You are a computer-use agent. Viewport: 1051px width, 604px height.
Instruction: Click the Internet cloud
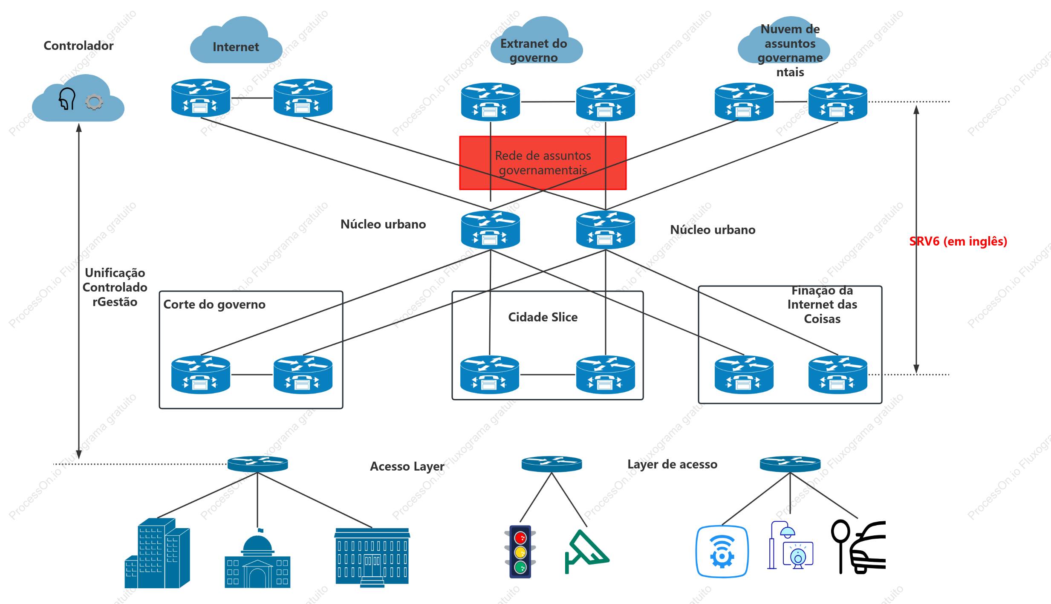(x=236, y=40)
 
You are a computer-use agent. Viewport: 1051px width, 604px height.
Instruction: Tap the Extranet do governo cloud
(x=536, y=40)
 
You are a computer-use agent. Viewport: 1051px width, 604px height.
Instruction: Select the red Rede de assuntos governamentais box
(x=543, y=163)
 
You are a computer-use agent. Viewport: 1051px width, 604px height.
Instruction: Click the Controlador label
(x=78, y=46)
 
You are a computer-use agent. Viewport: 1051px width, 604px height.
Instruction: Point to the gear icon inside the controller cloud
(x=94, y=102)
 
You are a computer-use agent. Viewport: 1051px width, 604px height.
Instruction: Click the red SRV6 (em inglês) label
(x=958, y=241)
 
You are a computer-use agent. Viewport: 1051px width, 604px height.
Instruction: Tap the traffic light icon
(x=520, y=552)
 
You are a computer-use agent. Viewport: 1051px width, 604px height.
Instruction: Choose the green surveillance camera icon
(x=586, y=551)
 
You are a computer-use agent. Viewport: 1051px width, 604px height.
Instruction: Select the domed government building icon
(x=257, y=558)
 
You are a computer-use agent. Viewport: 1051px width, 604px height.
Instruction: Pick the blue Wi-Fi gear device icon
(x=722, y=552)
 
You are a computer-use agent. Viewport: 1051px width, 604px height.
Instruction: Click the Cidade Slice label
(x=543, y=317)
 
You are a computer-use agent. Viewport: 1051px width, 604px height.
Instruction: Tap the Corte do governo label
(x=214, y=304)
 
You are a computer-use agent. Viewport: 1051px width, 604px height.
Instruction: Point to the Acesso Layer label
(x=407, y=466)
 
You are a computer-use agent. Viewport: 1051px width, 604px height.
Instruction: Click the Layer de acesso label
(x=672, y=464)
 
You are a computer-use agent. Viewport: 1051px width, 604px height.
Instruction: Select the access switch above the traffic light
(x=551, y=464)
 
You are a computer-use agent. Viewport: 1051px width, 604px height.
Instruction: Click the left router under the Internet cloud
(x=201, y=98)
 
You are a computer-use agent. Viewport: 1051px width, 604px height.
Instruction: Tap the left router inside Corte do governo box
(x=201, y=374)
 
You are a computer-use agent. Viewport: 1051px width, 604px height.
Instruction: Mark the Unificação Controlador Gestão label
(x=115, y=287)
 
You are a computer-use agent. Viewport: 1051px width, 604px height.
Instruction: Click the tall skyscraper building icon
(x=157, y=553)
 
